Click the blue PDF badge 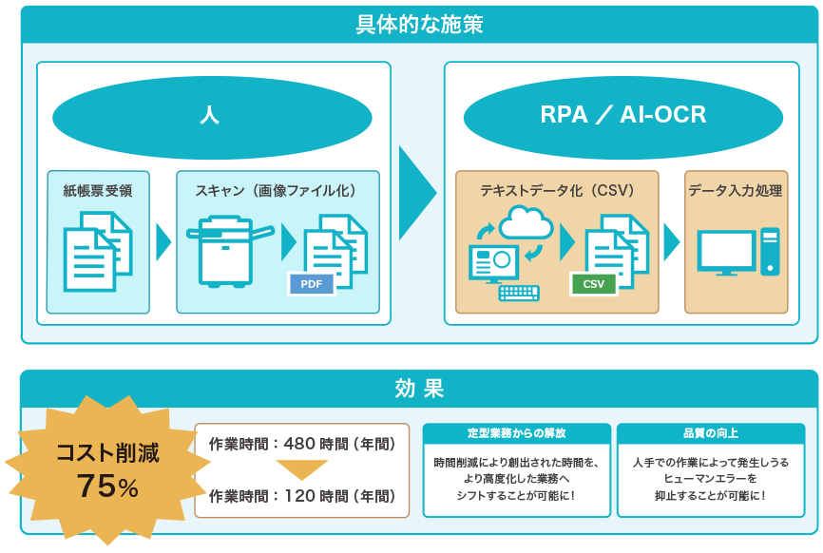click(x=312, y=284)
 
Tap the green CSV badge click(x=594, y=284)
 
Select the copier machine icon click(x=230, y=251)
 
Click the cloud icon click(x=526, y=222)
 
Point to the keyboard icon click(x=519, y=293)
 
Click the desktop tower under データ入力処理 click(x=770, y=251)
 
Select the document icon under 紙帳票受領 click(x=98, y=251)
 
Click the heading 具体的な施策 click(x=419, y=25)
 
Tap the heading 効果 click(x=419, y=389)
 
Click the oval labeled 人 click(x=212, y=117)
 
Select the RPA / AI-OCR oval click(x=623, y=117)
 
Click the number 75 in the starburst click(x=97, y=486)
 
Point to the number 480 click(x=299, y=444)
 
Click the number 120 click(x=299, y=496)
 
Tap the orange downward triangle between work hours click(x=302, y=470)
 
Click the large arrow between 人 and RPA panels click(x=417, y=193)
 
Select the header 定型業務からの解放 click(x=516, y=433)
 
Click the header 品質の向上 click(x=711, y=433)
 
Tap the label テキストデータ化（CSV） click(x=557, y=190)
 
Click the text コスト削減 click(x=107, y=453)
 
